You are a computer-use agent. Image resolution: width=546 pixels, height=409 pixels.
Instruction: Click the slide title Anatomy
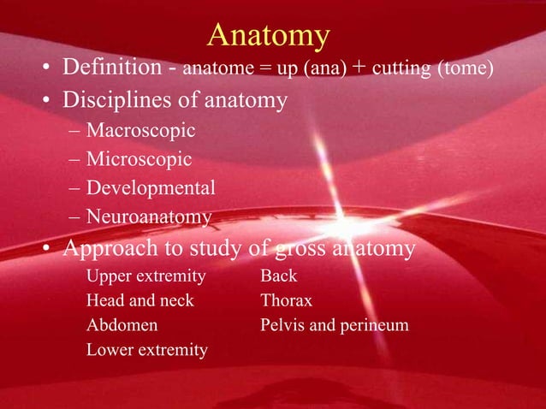[x=268, y=36]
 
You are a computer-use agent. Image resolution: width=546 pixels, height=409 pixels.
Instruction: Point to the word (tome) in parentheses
[x=465, y=68]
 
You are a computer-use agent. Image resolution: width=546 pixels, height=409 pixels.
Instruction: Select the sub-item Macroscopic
[x=140, y=132]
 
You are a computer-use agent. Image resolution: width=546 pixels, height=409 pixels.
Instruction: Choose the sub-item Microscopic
[x=139, y=159]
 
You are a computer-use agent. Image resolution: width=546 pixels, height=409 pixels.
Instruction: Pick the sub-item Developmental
[x=150, y=187]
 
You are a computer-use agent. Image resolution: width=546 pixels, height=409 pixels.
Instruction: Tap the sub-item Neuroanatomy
[x=148, y=217]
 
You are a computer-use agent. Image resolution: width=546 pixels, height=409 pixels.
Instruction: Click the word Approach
[x=111, y=249]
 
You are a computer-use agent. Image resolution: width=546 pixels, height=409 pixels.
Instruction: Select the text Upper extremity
[x=145, y=276]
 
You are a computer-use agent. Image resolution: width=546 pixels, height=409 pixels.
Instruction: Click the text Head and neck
[x=139, y=301]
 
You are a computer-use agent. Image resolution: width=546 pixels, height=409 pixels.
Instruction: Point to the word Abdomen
[x=122, y=325]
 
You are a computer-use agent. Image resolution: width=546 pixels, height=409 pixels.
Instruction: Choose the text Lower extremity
[x=146, y=350]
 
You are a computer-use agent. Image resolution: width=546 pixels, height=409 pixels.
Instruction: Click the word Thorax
[x=286, y=301]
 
